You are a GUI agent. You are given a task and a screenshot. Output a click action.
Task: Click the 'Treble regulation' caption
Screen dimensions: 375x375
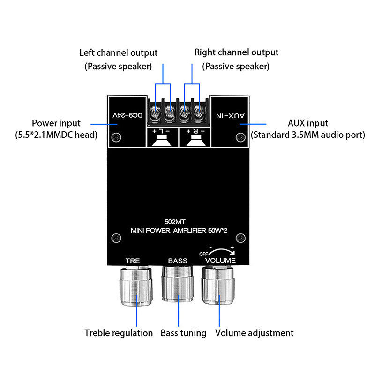click(119, 333)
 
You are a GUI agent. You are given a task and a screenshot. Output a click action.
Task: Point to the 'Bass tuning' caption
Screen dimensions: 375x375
click(183, 333)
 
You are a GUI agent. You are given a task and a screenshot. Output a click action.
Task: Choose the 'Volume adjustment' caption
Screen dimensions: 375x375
click(255, 333)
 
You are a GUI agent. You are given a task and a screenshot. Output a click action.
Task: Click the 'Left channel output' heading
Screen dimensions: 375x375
click(119, 53)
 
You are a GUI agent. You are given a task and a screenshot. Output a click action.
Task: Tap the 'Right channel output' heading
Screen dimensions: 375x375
click(236, 52)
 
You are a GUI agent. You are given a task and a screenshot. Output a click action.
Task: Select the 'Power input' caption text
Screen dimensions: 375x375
click(57, 123)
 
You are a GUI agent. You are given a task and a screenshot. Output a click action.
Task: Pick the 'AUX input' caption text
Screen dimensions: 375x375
click(308, 123)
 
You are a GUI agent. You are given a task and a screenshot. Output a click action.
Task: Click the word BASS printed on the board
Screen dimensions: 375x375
click(178, 261)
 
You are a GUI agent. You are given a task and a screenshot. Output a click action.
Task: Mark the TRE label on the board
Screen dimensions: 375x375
click(133, 261)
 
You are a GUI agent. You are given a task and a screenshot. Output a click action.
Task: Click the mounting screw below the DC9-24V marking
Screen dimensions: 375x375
click(116, 137)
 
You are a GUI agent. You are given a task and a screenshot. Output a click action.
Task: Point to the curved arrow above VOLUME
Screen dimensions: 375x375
click(220, 251)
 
